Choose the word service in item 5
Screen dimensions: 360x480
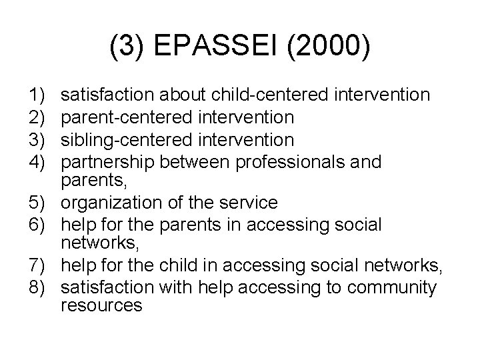click(255, 202)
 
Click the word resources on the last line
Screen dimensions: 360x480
click(101, 306)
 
